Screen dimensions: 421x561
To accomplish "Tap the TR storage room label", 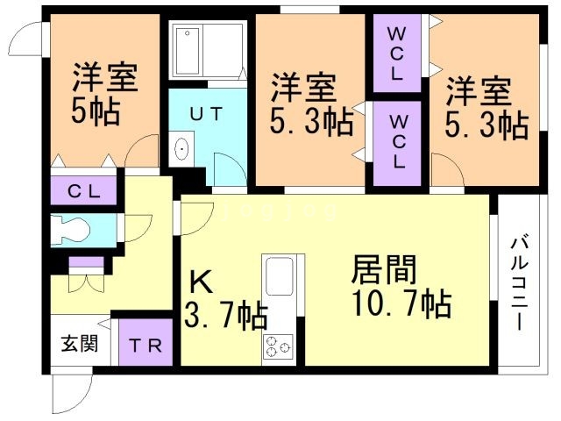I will pyautogui.click(x=146, y=346).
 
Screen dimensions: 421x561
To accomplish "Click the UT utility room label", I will pyautogui.click(x=208, y=113).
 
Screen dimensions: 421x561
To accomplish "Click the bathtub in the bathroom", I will pyautogui.click(x=207, y=51).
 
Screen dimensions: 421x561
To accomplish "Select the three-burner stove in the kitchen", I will pyautogui.click(x=280, y=348).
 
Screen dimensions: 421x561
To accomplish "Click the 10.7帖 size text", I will pyautogui.click(x=401, y=305).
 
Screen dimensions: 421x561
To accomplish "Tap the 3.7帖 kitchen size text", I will pyautogui.click(x=225, y=315).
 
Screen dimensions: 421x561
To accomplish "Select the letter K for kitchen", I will pyautogui.click(x=201, y=282).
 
